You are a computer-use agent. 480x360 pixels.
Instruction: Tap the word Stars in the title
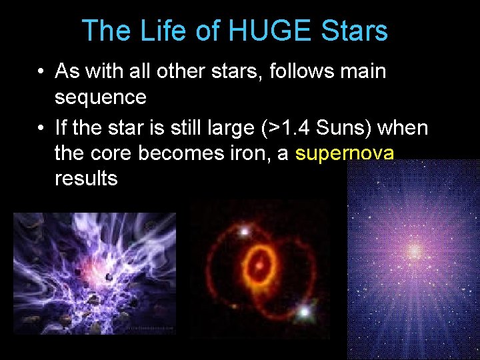(x=353, y=31)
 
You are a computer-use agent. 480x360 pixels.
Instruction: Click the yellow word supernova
(x=345, y=153)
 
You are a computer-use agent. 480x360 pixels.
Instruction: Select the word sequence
(x=100, y=97)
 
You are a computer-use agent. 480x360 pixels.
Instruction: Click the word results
(x=86, y=179)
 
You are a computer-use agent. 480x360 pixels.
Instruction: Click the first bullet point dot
(x=41, y=71)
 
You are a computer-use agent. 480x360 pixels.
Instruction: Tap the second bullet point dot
(x=41, y=127)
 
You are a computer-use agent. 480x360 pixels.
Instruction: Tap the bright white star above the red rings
(x=244, y=231)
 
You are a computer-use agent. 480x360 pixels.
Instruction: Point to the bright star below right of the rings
(x=305, y=311)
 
